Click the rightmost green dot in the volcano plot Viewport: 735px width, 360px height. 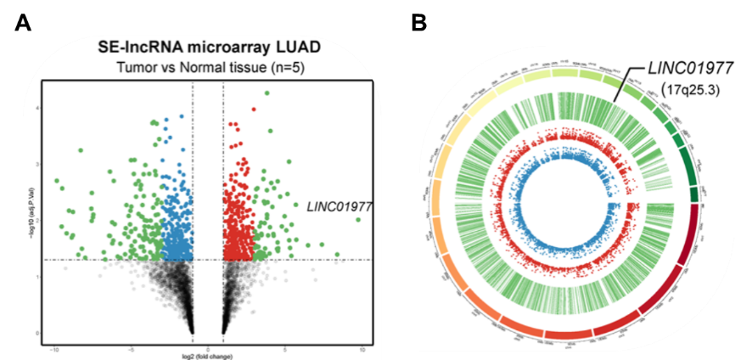(x=358, y=219)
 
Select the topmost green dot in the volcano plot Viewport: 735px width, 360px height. (x=267, y=93)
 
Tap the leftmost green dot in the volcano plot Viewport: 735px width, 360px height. (x=56, y=180)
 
